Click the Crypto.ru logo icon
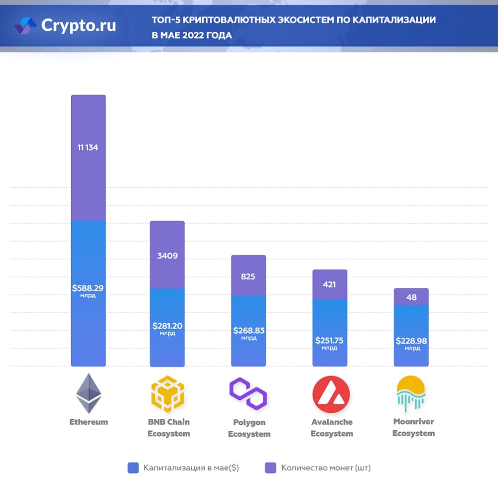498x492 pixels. tap(25, 25)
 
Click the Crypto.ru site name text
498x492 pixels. tap(78, 25)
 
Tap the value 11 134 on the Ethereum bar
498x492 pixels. tap(88, 147)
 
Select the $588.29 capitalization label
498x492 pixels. tap(88, 288)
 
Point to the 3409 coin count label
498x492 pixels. tap(167, 256)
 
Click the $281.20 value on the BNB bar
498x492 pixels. tap(167, 326)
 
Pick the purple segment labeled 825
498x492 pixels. tap(249, 276)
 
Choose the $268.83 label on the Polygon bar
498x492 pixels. tap(249, 331)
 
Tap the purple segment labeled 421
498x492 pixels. tap(329, 284)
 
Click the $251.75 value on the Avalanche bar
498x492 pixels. tap(329, 341)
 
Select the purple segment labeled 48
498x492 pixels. tap(411, 297)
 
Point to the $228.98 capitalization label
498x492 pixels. tap(411, 341)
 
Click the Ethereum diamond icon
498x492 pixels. tap(89, 393)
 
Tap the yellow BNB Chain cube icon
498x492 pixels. tap(168, 393)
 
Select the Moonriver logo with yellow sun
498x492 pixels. tap(411, 394)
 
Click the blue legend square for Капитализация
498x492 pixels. tap(133, 468)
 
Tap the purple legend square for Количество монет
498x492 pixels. tap(270, 468)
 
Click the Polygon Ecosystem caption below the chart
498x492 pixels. tap(249, 428)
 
